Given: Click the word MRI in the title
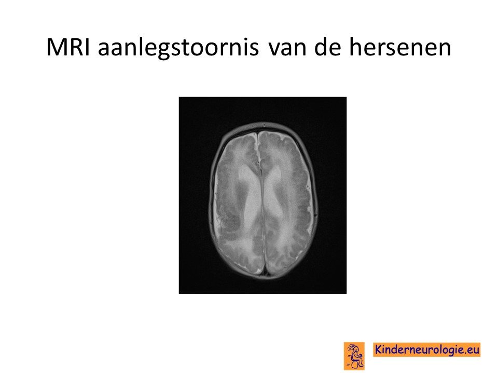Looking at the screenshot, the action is coord(67,47).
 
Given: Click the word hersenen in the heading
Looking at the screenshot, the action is coord(400,47).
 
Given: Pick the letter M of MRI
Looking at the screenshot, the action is coord(56,47).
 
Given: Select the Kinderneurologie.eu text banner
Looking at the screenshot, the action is coord(427,350).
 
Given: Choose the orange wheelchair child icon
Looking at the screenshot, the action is coord(354,355).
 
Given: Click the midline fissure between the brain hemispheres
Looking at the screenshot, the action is coord(262,203).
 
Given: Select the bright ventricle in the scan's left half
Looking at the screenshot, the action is coord(250,193).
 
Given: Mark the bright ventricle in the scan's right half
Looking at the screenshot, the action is coord(274,193).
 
